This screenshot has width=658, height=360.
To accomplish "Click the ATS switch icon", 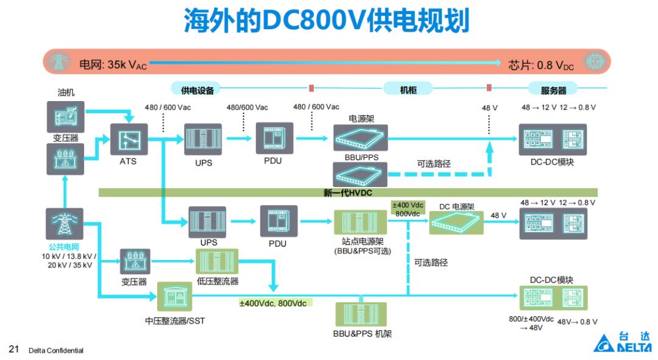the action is coord(129,139).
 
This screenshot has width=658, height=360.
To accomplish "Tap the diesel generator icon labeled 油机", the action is coord(65,116).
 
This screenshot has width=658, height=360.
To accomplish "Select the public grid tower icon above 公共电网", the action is coord(64,224).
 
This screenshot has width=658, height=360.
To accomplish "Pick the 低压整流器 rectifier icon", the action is coord(217,261).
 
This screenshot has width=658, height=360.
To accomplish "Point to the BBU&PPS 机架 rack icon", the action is coord(361,314).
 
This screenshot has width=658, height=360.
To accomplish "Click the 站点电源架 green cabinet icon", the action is coord(360,222).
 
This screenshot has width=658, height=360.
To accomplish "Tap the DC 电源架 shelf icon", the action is coord(456,222).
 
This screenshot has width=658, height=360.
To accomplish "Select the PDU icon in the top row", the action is coord(274,138).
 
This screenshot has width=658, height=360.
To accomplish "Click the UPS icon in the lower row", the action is coord(207,222).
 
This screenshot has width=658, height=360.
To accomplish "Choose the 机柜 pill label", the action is coord(408,90).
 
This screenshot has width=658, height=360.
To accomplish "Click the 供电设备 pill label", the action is coord(197,90).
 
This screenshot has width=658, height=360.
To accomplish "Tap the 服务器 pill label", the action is coord(553,90).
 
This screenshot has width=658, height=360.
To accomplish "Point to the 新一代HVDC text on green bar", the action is coord(347,192).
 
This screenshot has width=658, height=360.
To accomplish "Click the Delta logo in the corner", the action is coord(622,342).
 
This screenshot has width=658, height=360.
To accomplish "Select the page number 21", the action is coord(14,349).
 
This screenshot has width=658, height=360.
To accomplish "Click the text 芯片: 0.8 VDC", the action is coord(541,65).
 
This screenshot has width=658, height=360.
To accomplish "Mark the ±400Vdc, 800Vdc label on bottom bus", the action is coord(273,303).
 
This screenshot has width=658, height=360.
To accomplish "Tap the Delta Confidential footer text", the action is coord(56,350).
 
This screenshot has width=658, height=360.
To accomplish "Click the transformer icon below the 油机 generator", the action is coord(65,159).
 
